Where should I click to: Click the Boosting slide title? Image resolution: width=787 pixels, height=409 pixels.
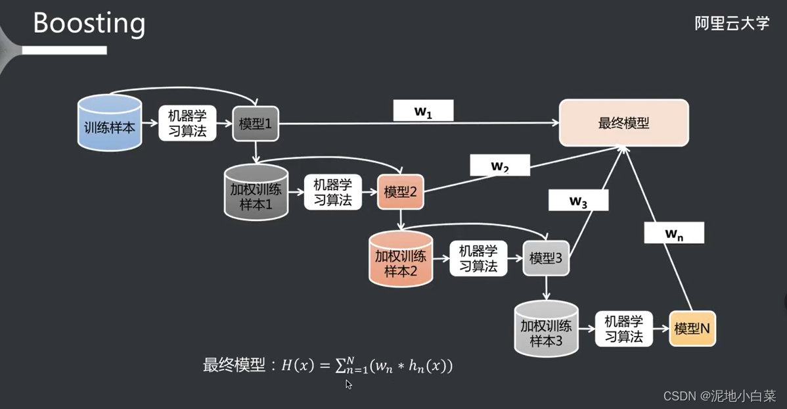pos(89,23)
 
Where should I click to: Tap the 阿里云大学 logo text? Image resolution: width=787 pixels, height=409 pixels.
pos(731,24)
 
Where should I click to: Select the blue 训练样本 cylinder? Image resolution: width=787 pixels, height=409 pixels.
pos(110,125)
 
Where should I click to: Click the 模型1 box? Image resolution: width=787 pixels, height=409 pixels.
pos(256,124)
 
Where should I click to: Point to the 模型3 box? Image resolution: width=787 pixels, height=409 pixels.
pos(546,258)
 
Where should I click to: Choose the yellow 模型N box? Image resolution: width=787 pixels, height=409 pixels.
pos(692,327)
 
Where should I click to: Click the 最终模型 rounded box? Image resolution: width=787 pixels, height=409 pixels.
pos(623,123)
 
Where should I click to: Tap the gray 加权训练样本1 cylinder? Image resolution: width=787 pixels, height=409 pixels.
pos(256,193)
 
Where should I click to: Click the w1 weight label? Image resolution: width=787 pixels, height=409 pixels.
pos(423,110)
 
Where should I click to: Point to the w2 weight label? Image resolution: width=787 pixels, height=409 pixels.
pos(500,166)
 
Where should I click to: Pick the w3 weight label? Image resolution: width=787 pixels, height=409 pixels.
pos(578,201)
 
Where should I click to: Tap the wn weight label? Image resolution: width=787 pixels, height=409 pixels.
pos(674,233)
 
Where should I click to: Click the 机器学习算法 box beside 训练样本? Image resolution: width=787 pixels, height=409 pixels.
pos(187,124)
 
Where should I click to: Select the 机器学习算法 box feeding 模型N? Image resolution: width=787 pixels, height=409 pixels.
pos(624,328)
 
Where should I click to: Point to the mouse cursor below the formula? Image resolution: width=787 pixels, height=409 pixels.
pos(349,384)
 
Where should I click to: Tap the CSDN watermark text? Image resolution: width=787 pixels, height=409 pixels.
pos(718,395)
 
